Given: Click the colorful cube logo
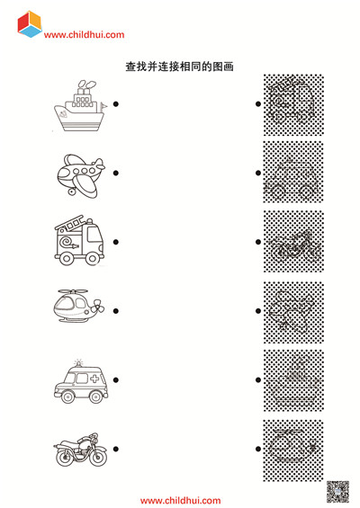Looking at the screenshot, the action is [30, 24].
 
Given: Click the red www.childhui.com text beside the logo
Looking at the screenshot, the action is [84, 35].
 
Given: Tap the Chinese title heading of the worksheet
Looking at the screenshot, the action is [180, 67].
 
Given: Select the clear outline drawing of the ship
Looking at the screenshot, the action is [80, 105].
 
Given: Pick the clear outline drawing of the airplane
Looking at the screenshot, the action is [81, 176].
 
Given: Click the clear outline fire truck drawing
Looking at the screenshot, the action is [79, 240].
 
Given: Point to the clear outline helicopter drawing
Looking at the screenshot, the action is [79, 306].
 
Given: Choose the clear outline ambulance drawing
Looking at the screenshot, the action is [81, 381].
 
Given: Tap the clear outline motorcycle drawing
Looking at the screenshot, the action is [80, 450].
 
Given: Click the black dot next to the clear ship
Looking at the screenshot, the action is [116, 104].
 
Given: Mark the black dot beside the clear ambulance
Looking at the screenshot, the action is [116, 380].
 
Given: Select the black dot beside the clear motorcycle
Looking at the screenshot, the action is [116, 449].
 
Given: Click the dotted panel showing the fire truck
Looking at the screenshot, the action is [293, 105].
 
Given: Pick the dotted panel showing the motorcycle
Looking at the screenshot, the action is [293, 241].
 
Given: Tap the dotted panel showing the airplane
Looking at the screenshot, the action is [293, 312].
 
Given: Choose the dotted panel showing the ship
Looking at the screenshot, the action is [293, 380].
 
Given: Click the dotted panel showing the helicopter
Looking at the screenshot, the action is [293, 450].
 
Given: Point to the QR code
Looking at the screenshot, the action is [337, 492].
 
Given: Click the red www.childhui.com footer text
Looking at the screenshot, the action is [180, 501].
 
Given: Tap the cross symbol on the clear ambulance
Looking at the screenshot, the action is [94, 379].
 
